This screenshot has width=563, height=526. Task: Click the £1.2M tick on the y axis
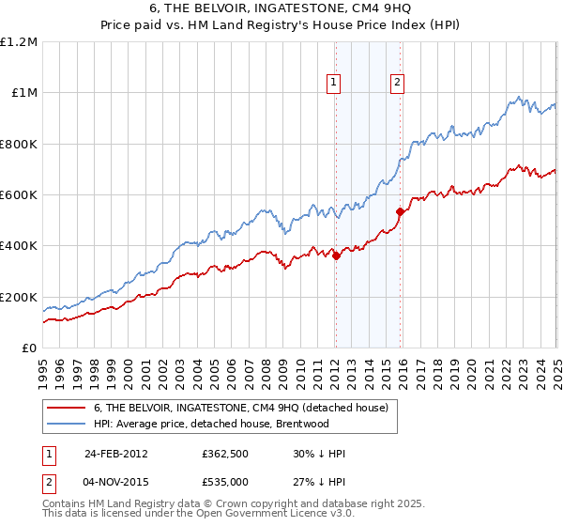pos(19,42)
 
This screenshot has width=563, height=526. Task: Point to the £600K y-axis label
pos(19,195)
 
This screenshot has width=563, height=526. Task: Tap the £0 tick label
pos(29,348)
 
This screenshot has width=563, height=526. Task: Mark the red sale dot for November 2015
pos(400,211)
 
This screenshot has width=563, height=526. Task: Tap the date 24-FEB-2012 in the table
pos(115,454)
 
